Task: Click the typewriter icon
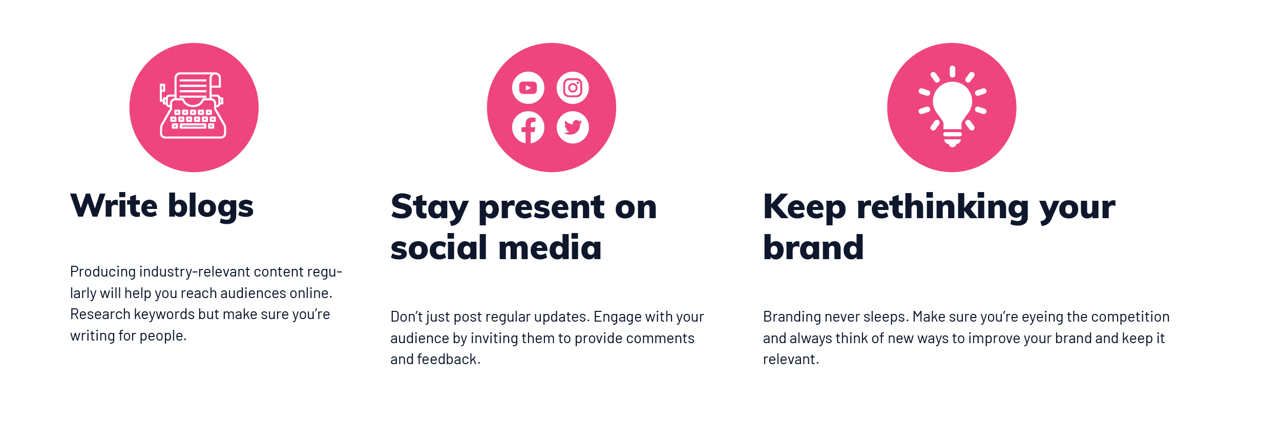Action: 193,106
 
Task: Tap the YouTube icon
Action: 528,88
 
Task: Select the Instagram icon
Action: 573,88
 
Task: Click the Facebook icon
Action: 528,128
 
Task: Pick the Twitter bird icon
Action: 573,128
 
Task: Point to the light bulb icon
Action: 952,107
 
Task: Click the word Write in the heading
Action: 114,206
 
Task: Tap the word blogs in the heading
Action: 211,207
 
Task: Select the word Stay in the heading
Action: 429,207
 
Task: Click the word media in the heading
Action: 550,248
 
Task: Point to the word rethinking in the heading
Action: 942,207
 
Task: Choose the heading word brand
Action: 813,248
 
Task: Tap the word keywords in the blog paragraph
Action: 164,314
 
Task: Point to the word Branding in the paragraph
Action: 792,317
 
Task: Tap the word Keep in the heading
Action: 804,207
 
